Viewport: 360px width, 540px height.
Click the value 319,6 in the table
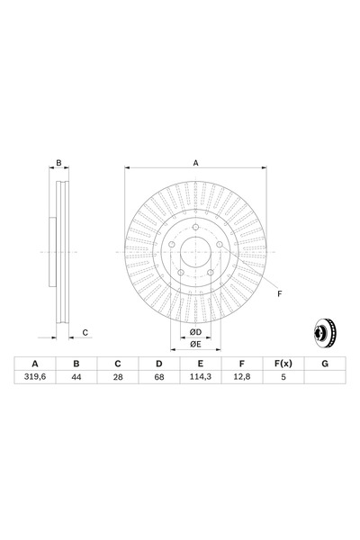point(35,377)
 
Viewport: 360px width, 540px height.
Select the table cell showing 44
point(76,377)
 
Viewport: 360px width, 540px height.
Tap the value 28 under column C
point(118,377)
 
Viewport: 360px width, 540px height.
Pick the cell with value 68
point(159,377)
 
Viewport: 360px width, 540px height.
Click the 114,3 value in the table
point(201,377)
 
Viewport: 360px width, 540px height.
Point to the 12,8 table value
point(242,377)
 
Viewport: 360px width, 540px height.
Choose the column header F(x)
point(283,364)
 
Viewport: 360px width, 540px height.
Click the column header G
point(325,364)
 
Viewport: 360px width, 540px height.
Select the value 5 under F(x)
point(283,377)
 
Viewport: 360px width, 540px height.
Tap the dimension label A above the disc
point(195,163)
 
